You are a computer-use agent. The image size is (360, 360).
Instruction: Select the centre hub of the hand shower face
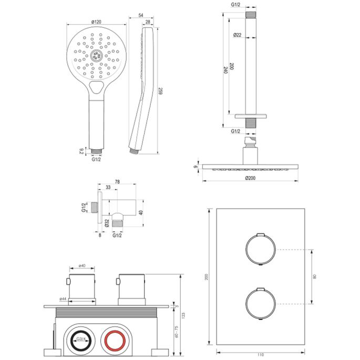pos(96,55)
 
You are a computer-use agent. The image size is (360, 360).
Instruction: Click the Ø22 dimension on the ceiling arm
pos(238,35)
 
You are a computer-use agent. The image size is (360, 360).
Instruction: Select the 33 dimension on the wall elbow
pos(108,187)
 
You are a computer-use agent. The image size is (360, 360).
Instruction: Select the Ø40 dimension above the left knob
pos(83,266)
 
